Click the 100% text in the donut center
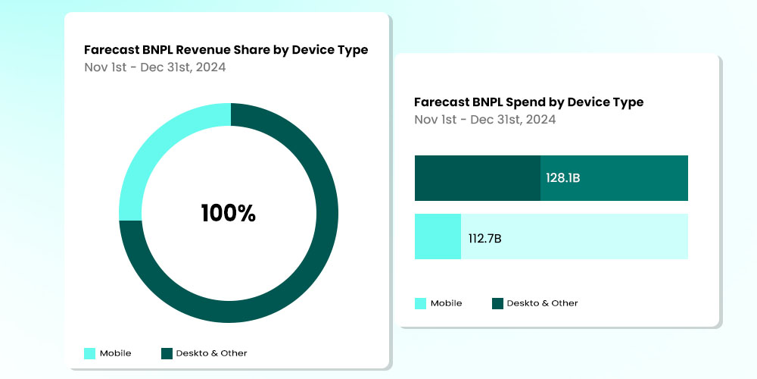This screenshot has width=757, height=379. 228,214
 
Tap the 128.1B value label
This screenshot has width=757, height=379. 562,178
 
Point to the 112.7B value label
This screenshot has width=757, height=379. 484,239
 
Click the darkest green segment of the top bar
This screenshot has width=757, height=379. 477,178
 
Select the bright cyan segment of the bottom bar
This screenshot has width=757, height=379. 438,236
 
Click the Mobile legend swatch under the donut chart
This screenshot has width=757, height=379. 90,353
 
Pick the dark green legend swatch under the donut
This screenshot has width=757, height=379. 167,353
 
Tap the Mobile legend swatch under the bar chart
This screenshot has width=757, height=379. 420,303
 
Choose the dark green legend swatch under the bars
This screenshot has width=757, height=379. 497,303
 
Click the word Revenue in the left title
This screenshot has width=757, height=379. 213,50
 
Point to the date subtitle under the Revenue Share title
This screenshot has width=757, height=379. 154,67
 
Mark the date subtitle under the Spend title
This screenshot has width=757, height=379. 484,119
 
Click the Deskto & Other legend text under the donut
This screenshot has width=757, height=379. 211,353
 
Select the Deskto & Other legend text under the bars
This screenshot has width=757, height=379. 542,303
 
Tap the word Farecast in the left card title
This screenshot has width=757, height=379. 112,50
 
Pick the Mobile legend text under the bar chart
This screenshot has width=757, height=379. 446,303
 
